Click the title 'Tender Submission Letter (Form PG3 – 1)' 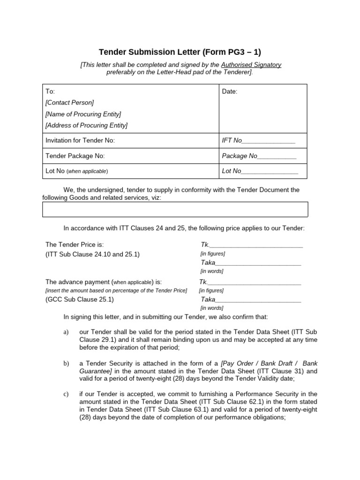pyautogui.click(x=180, y=52)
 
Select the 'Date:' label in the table pyautogui.click(x=229, y=91)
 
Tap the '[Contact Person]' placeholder pyautogui.click(x=69, y=103)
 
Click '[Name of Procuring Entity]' pyautogui.click(x=83, y=114)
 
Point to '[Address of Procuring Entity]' pyautogui.click(x=86, y=125)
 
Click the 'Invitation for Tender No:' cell pyautogui.click(x=80, y=141)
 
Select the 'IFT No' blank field pyautogui.click(x=258, y=141)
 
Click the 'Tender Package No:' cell pyautogui.click(x=75, y=156)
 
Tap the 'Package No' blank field pyautogui.click(x=259, y=156)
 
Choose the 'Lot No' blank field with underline pyautogui.click(x=260, y=171)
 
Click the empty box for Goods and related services pyautogui.click(x=175, y=209)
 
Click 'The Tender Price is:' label pyautogui.click(x=74, y=245)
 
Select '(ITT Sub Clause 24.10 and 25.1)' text pyautogui.click(x=92, y=255)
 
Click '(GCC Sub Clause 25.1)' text pyautogui.click(x=79, y=299)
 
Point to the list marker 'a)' pyautogui.click(x=66, y=332)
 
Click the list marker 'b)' pyautogui.click(x=66, y=363)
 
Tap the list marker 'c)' pyautogui.click(x=66, y=394)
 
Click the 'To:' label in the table pyautogui.click(x=50, y=91)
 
